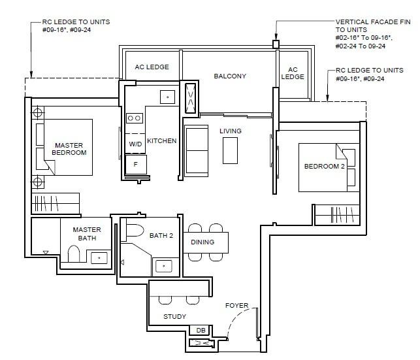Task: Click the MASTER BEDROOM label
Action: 69,149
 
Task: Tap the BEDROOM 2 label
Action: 325,167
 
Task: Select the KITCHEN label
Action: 162,141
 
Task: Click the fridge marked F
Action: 136,164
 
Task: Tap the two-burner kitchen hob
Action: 134,118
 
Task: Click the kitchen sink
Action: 167,97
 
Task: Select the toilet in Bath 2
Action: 135,231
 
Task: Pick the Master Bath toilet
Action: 74,254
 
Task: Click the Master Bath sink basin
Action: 99,258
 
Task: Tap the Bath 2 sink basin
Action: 164,267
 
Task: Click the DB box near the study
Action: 201,330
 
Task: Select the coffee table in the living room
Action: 230,150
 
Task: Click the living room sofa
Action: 197,151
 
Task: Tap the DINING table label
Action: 202,242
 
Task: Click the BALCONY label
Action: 230,76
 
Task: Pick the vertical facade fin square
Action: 276,44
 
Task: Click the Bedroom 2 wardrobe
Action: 337,215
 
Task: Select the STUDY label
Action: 174,317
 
